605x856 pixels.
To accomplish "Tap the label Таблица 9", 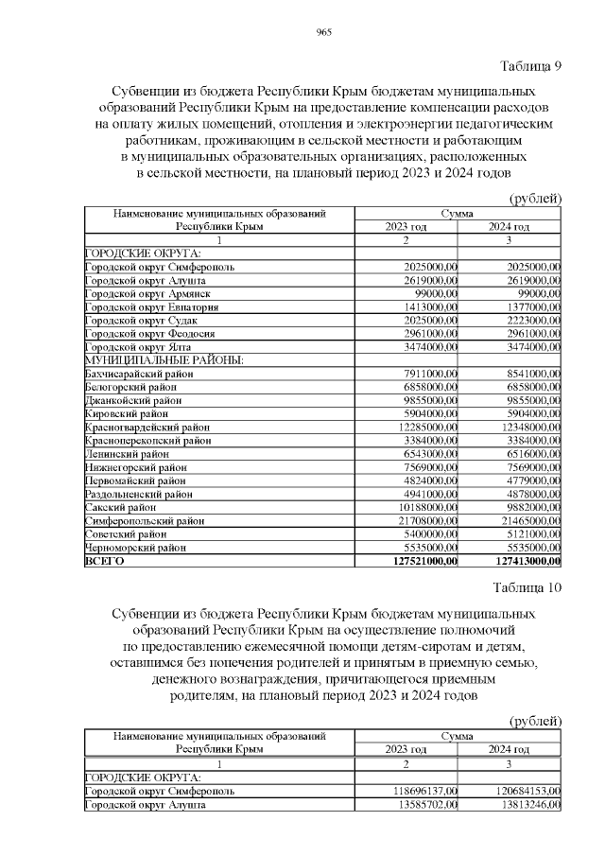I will [x=529, y=65].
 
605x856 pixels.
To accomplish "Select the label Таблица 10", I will [x=527, y=587].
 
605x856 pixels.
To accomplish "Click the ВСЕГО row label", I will [x=104, y=561].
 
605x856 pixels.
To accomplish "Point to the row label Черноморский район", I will [x=136, y=548].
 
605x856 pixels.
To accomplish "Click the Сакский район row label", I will [x=120, y=508].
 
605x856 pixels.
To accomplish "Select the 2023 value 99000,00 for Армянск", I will [x=431, y=294].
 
